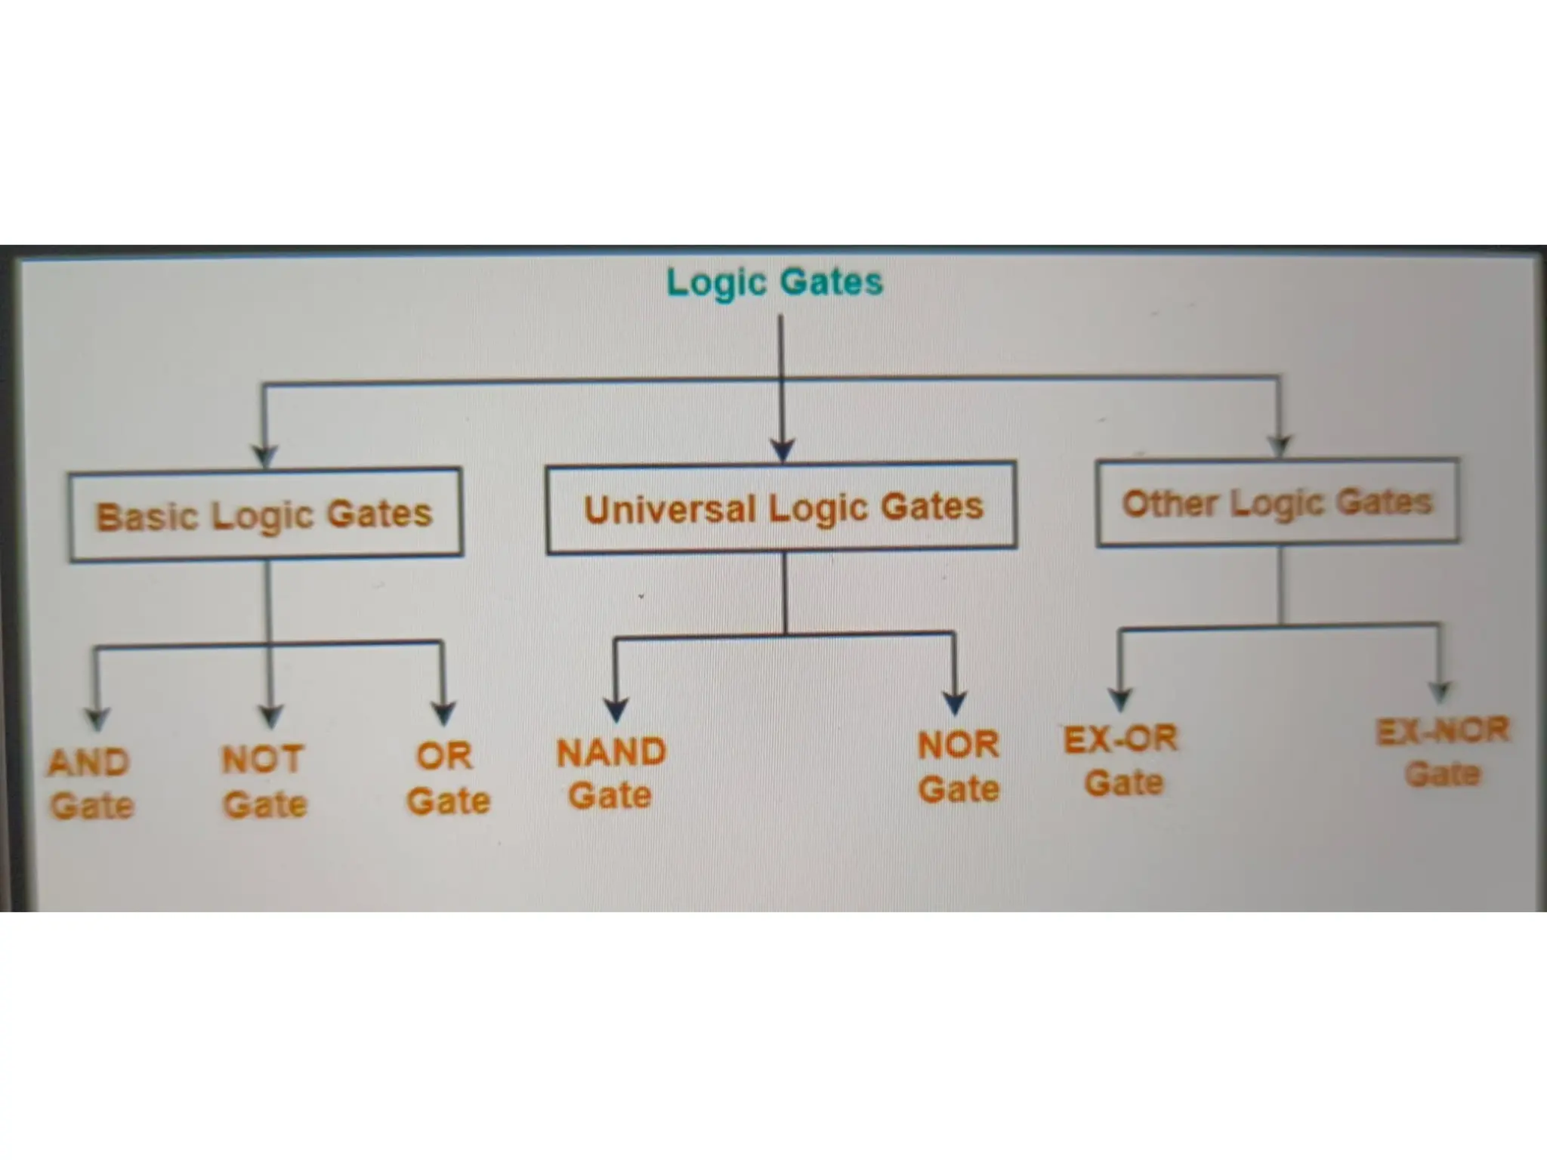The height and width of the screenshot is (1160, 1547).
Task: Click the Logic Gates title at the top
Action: point(774,282)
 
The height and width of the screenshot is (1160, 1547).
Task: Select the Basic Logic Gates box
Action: point(265,515)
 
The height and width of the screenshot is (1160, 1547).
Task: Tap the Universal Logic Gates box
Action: point(782,507)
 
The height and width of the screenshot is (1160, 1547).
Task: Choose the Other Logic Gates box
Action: point(1277,502)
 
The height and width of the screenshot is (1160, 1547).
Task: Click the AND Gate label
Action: point(91,784)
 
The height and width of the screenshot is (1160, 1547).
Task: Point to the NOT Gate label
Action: point(264,781)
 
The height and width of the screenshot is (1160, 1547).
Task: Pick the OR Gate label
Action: point(448,778)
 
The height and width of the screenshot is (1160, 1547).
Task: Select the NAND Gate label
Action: point(611,773)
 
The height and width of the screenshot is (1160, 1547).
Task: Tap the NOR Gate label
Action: point(959,767)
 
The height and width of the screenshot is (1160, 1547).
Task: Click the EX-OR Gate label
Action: point(1122,760)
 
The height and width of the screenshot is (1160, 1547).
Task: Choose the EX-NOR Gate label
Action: point(1442,751)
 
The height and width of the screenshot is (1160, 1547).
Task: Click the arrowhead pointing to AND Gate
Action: point(97,718)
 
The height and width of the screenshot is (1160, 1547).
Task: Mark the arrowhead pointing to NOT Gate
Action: point(270,714)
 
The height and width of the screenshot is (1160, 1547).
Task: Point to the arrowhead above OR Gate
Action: point(443,711)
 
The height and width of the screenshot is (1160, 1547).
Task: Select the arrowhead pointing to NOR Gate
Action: point(956,702)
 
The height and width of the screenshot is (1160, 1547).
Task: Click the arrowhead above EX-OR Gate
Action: point(1120,699)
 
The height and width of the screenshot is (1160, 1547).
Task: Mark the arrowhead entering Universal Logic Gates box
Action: point(783,450)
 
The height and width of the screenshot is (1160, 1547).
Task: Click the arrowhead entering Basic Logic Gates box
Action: point(264,455)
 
